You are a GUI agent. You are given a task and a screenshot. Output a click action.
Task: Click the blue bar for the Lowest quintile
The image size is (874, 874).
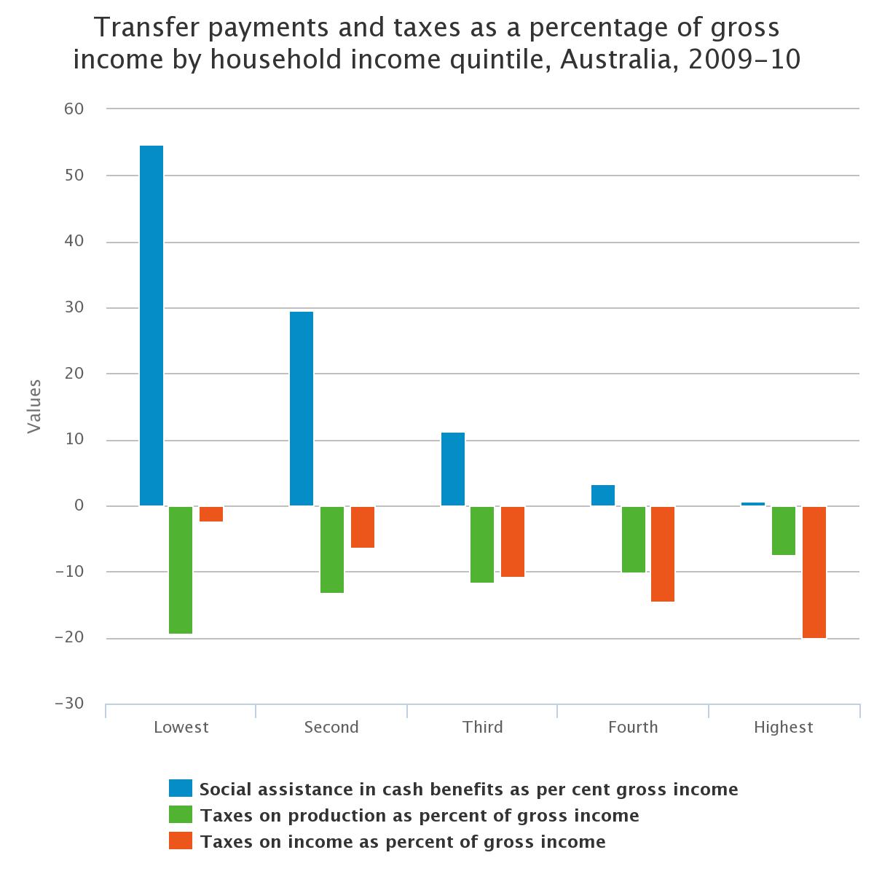pyautogui.click(x=151, y=326)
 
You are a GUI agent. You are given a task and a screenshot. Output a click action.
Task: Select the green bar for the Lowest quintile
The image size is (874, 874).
pyautogui.click(x=181, y=570)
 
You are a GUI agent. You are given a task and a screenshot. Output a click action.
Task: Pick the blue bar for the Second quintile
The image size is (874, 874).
pyautogui.click(x=302, y=409)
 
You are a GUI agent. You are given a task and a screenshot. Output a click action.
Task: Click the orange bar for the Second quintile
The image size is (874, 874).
pyautogui.click(x=363, y=527)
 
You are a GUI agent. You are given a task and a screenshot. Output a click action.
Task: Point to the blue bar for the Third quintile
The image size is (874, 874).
pyautogui.click(x=453, y=469)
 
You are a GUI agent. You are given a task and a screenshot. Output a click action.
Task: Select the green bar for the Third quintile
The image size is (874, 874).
pyautogui.click(x=482, y=544)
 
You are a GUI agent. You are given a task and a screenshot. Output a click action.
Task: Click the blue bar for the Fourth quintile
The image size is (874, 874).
pyautogui.click(x=603, y=495)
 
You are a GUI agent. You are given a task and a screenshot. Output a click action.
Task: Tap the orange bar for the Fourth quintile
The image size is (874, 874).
pyautogui.click(x=663, y=554)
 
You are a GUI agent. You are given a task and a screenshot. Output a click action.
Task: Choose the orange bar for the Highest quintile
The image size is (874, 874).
pyautogui.click(x=814, y=572)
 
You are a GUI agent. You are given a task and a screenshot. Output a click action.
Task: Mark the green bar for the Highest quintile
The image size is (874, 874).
pyautogui.click(x=784, y=530)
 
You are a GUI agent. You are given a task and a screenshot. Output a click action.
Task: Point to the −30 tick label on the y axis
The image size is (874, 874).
pyautogui.click(x=69, y=704)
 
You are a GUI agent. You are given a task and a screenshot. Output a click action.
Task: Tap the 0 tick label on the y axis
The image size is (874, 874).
pyautogui.click(x=79, y=505)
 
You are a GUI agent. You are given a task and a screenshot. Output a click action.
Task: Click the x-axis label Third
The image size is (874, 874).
pyautogui.click(x=482, y=727)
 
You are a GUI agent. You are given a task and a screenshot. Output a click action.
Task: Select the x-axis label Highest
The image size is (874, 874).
pyautogui.click(x=783, y=727)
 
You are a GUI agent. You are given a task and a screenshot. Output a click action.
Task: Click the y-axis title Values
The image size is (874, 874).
pyautogui.click(x=34, y=406)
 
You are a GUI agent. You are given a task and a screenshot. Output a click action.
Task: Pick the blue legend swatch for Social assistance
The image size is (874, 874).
pyautogui.click(x=181, y=788)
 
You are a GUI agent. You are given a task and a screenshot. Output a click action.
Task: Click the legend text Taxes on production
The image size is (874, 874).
pyautogui.click(x=420, y=815)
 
